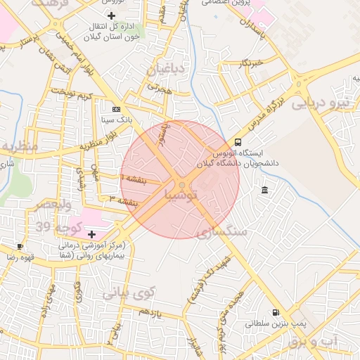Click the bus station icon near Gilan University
238,141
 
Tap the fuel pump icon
275,312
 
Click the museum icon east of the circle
264,191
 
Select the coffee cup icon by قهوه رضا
20,246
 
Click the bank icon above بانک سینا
116,109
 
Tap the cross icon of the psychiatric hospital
92,233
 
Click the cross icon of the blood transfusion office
112,15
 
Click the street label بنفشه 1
134,181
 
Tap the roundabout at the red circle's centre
181,185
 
